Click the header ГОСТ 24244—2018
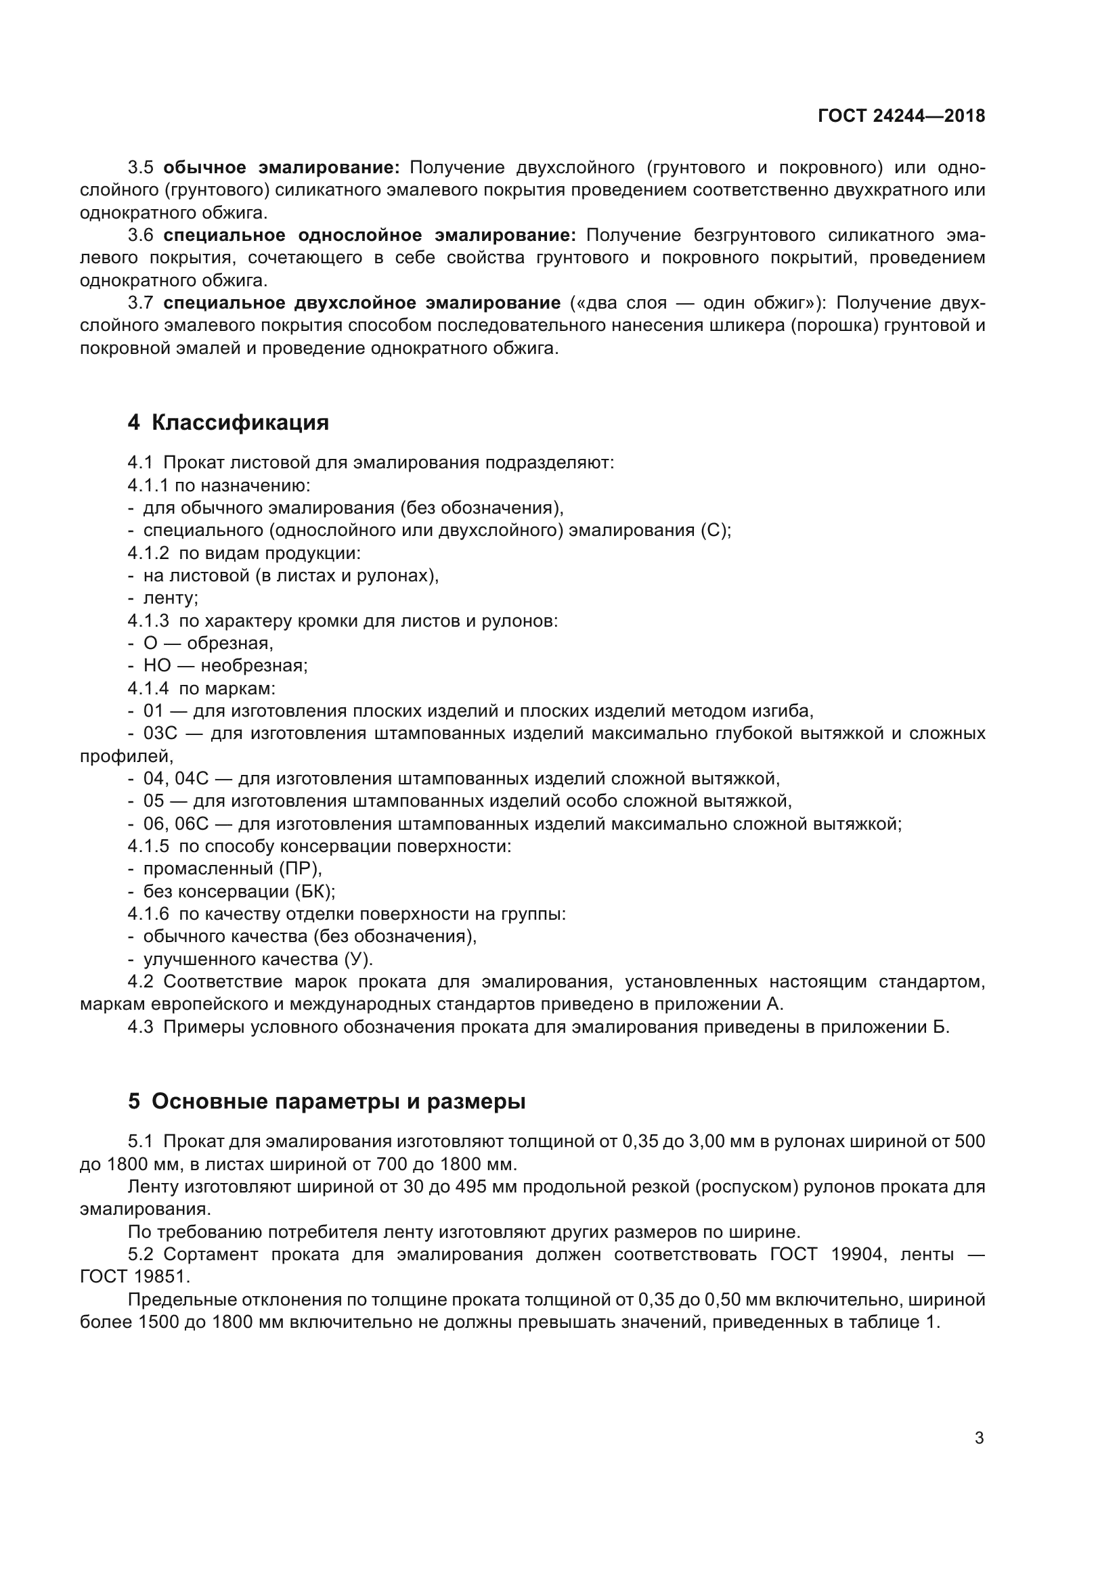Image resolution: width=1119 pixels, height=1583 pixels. pyautogui.click(x=900, y=116)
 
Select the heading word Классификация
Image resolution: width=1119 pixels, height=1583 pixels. pyautogui.click(x=240, y=422)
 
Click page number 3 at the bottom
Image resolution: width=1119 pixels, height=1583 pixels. pyautogui.click(x=979, y=1437)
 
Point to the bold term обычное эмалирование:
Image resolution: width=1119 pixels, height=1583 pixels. pyautogui.click(x=282, y=168)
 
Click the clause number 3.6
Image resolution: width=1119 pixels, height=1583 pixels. pyautogui.click(x=140, y=235)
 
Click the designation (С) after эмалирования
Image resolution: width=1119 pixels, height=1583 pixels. pyautogui.click(x=713, y=530)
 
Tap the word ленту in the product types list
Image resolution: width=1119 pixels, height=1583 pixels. pyautogui.click(x=169, y=598)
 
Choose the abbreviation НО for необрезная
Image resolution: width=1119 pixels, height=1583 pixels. pyautogui.click(x=156, y=665)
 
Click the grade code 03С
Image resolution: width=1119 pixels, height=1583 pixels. pyautogui.click(x=160, y=733)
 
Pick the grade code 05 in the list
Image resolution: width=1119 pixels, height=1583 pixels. pyautogui.click(x=154, y=801)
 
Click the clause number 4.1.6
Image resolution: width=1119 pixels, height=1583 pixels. pyautogui.click(x=148, y=914)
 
